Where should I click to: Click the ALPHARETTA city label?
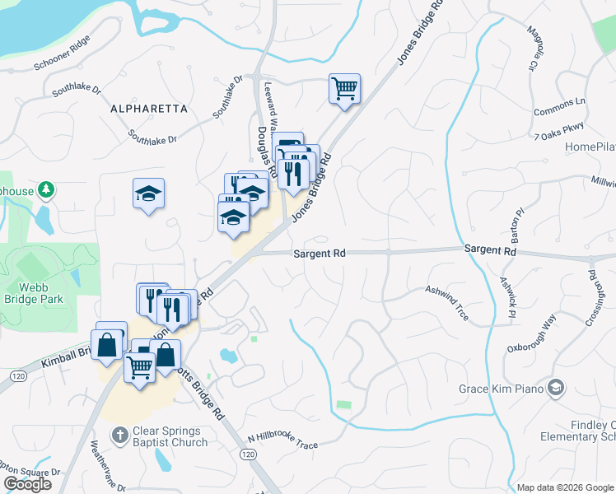(149, 109)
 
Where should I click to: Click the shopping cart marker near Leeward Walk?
(345, 88)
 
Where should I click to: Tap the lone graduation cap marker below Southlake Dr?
(148, 193)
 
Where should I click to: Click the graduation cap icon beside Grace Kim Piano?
(557, 387)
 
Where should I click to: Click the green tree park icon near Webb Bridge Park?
(48, 190)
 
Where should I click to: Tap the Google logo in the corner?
(26, 484)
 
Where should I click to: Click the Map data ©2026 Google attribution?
(565, 487)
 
